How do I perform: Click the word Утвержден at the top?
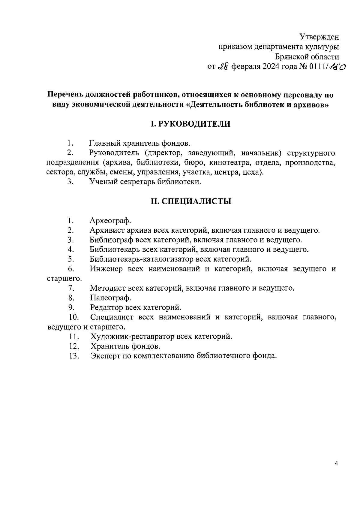(319, 37)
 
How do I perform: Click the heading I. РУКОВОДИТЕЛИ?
(190, 124)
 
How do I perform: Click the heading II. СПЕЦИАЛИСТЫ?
(191, 201)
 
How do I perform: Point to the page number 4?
(336, 472)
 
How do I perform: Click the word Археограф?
(110, 221)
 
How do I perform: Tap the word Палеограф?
(110, 298)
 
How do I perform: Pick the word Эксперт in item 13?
(104, 356)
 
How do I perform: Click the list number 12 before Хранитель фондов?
(74, 346)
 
